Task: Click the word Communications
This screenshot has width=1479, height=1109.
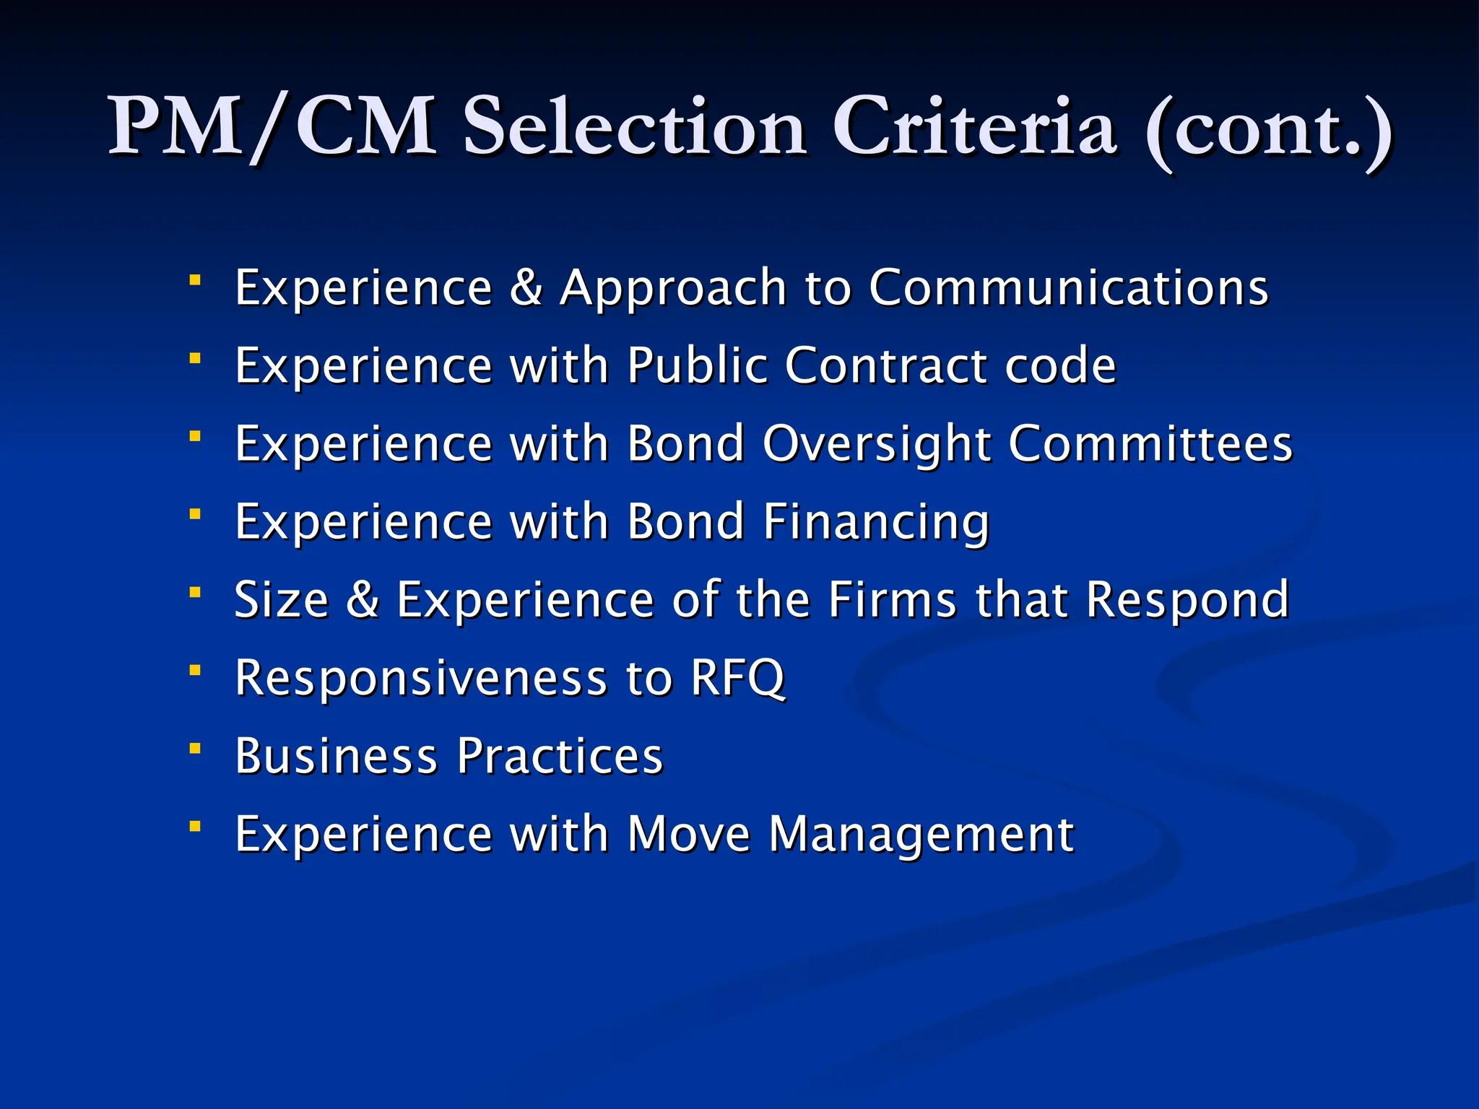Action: [x=1068, y=287]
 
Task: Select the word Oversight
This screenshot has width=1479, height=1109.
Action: [x=877, y=444]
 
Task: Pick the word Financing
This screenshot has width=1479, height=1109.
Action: [x=877, y=522]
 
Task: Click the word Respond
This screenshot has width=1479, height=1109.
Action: [x=1188, y=601]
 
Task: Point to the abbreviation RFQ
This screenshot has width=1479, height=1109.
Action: [x=737, y=678]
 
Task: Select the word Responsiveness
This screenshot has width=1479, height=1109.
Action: [x=422, y=679]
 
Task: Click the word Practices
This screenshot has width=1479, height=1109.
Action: [x=560, y=756]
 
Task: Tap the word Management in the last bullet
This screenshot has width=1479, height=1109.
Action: [x=921, y=835]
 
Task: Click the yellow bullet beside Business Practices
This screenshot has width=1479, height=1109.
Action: [x=195, y=749]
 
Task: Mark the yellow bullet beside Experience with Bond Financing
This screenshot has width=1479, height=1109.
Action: [x=195, y=514]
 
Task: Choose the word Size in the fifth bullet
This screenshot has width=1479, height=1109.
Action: [x=282, y=599]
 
